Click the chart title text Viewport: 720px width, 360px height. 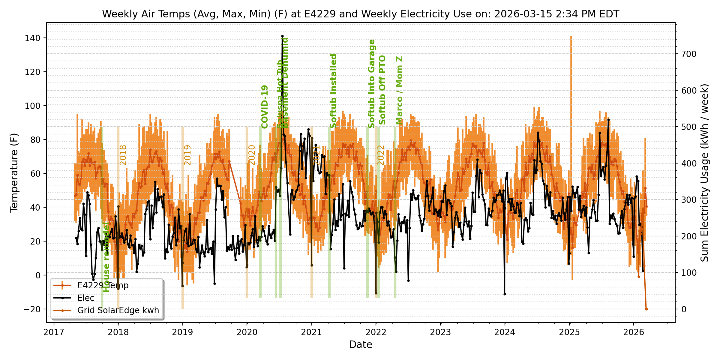360,14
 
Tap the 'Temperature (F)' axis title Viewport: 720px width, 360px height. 14,173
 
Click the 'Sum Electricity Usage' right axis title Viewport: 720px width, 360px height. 705,173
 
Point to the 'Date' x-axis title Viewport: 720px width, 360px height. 360,345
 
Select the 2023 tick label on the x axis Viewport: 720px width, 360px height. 440,332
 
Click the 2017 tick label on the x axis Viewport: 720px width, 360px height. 54,332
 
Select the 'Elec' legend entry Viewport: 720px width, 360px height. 86,298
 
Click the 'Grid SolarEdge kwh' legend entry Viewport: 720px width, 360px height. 118,310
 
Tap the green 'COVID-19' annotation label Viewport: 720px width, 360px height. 264,107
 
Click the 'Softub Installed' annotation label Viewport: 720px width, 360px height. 333,91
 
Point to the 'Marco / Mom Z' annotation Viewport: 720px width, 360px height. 399,90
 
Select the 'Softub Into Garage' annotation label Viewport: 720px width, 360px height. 372,84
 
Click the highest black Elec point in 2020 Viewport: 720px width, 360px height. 282,36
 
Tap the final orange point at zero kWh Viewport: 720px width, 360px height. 646,309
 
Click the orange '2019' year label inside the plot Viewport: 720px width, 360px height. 187,155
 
